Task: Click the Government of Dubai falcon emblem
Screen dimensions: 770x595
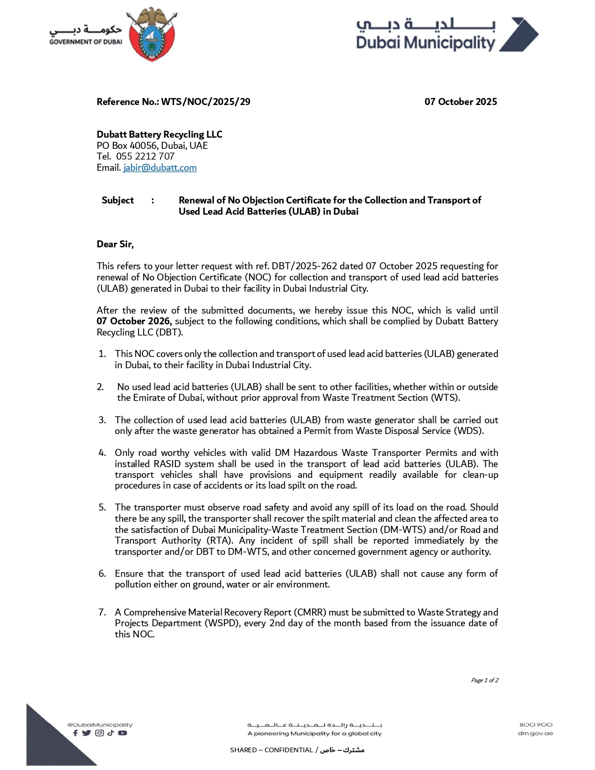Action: pyautogui.click(x=153, y=34)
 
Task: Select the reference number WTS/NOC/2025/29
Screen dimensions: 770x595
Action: pyautogui.click(x=206, y=102)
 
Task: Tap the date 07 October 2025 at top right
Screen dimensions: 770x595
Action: pyautogui.click(x=461, y=102)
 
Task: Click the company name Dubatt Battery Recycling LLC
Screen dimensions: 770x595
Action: pyautogui.click(x=159, y=134)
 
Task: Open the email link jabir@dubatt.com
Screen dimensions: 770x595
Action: pyautogui.click(x=160, y=168)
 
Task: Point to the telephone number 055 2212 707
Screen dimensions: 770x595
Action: pyautogui.click(x=145, y=156)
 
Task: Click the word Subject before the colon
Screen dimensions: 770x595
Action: pyautogui.click(x=118, y=200)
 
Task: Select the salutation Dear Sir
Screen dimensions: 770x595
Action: pyautogui.click(x=115, y=244)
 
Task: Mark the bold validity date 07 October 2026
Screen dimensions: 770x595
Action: pyautogui.click(x=134, y=321)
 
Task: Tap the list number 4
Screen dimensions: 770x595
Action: pyautogui.click(x=102, y=453)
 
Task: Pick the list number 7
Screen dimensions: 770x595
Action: pyautogui.click(x=102, y=612)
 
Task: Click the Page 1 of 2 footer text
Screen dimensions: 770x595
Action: pyautogui.click(x=484, y=680)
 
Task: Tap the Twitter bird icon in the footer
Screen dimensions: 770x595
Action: pyautogui.click(x=86, y=733)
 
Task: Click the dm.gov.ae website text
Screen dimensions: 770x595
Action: pyautogui.click(x=535, y=734)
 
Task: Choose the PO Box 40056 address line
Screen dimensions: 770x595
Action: pyautogui.click(x=152, y=146)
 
